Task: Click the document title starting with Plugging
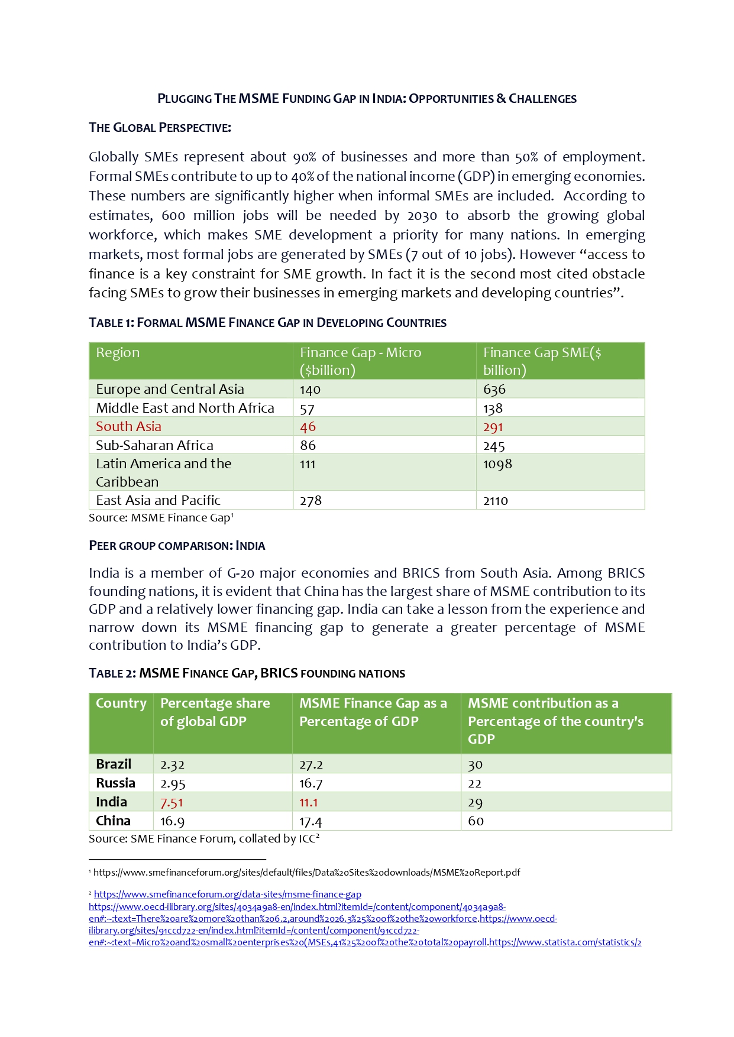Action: [367, 99]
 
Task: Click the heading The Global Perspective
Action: [160, 128]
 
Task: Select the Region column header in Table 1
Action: [118, 353]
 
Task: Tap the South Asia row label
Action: [128, 427]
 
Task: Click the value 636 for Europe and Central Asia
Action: [494, 390]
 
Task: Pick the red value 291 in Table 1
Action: [493, 427]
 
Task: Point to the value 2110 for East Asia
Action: [496, 501]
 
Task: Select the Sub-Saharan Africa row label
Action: [154, 446]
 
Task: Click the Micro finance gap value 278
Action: [311, 501]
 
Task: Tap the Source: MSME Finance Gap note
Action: [161, 518]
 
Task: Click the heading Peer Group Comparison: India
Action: [177, 546]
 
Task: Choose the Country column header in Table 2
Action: [121, 704]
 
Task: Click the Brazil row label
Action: [114, 764]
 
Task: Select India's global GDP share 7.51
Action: [172, 803]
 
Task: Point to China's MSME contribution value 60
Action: [476, 821]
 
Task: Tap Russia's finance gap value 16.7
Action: [311, 783]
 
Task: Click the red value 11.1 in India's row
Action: [308, 803]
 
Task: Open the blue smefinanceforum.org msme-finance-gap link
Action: [227, 895]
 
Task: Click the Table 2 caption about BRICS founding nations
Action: [247, 673]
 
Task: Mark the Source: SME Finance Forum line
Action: [204, 839]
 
